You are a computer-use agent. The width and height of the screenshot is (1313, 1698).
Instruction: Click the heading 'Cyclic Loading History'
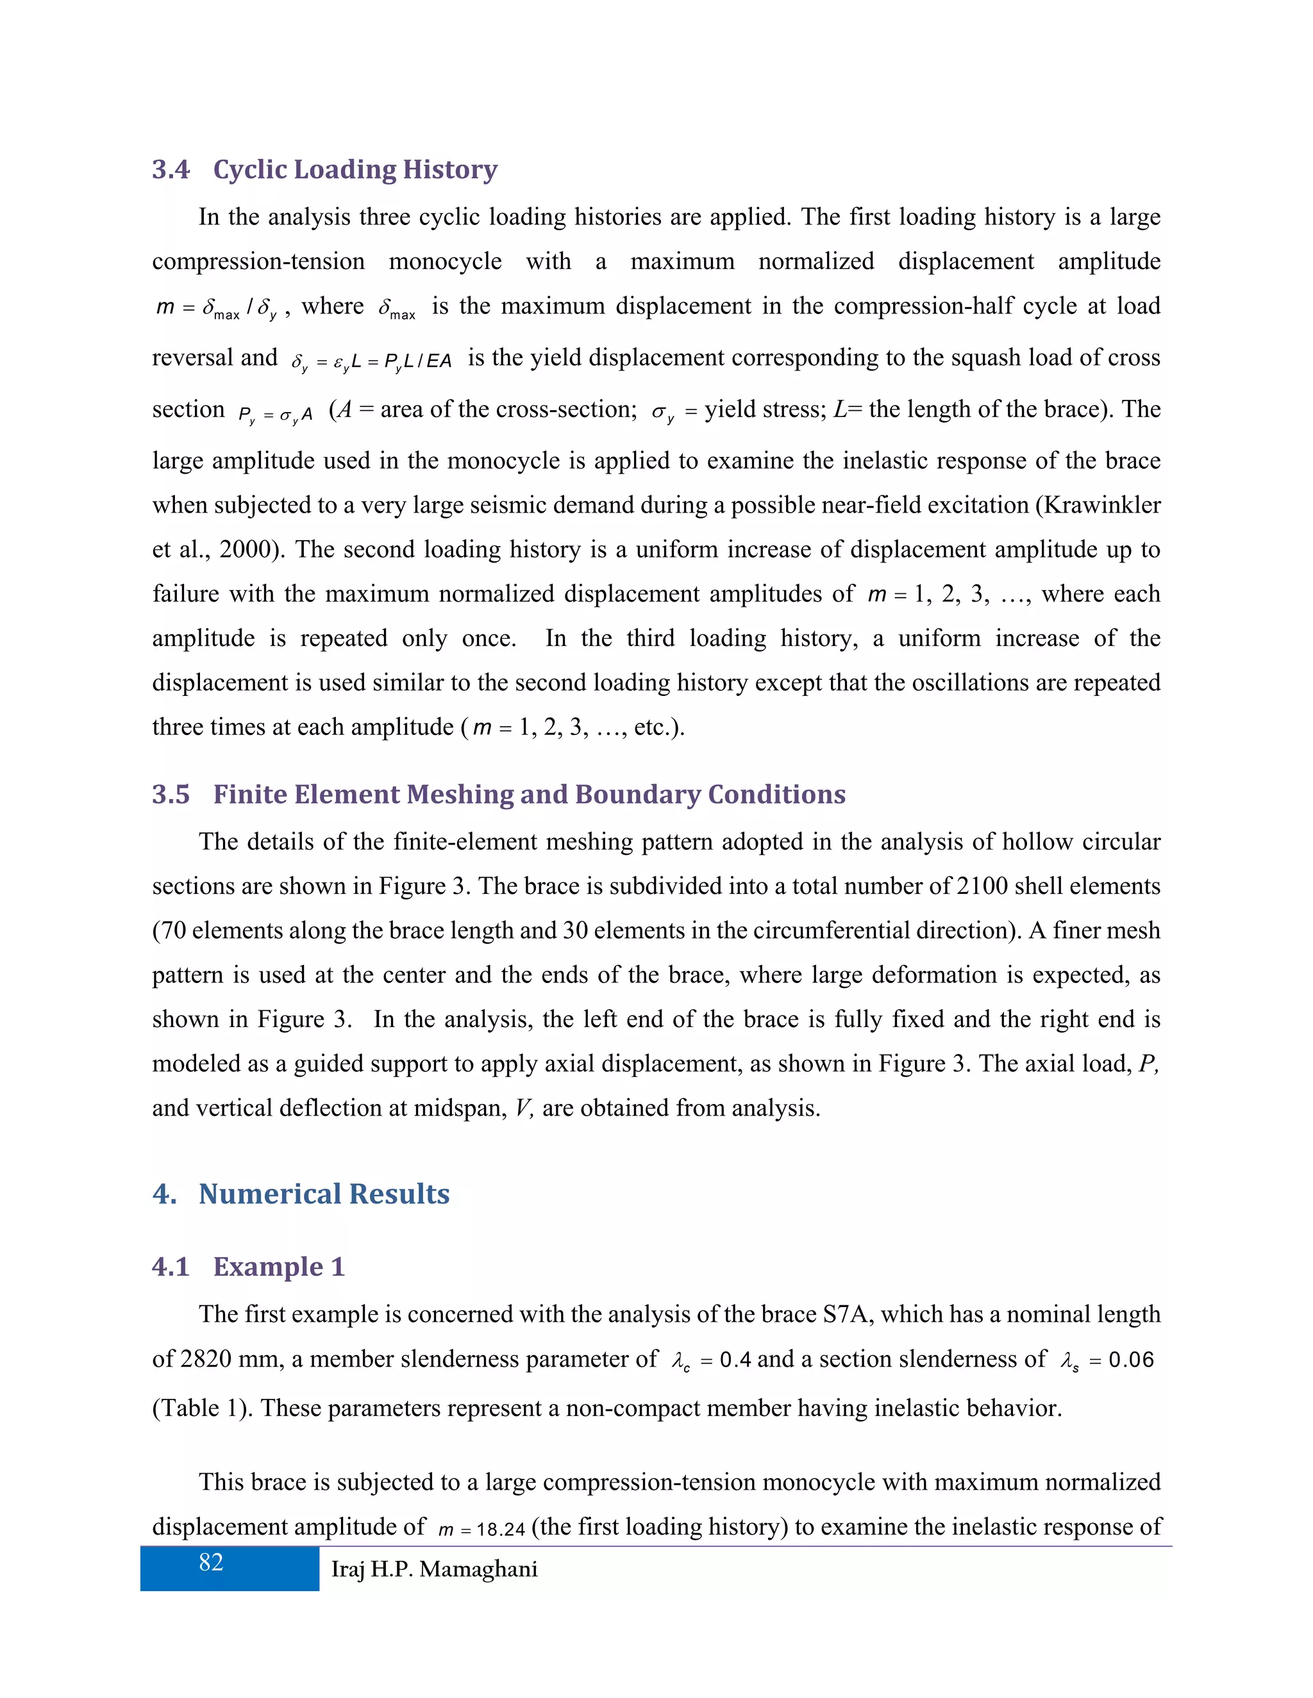tap(355, 170)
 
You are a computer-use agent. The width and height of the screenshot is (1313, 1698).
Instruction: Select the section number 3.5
tap(171, 795)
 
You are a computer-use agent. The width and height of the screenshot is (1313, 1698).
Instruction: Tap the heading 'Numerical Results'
tap(324, 1194)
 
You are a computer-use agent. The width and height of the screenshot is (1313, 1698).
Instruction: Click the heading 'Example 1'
tap(278, 1267)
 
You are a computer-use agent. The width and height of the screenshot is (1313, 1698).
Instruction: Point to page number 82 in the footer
tap(211, 1563)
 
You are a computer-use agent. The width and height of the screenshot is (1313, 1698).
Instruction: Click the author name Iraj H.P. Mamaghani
tap(434, 1569)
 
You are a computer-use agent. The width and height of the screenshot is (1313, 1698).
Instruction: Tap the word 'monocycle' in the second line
tap(445, 261)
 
